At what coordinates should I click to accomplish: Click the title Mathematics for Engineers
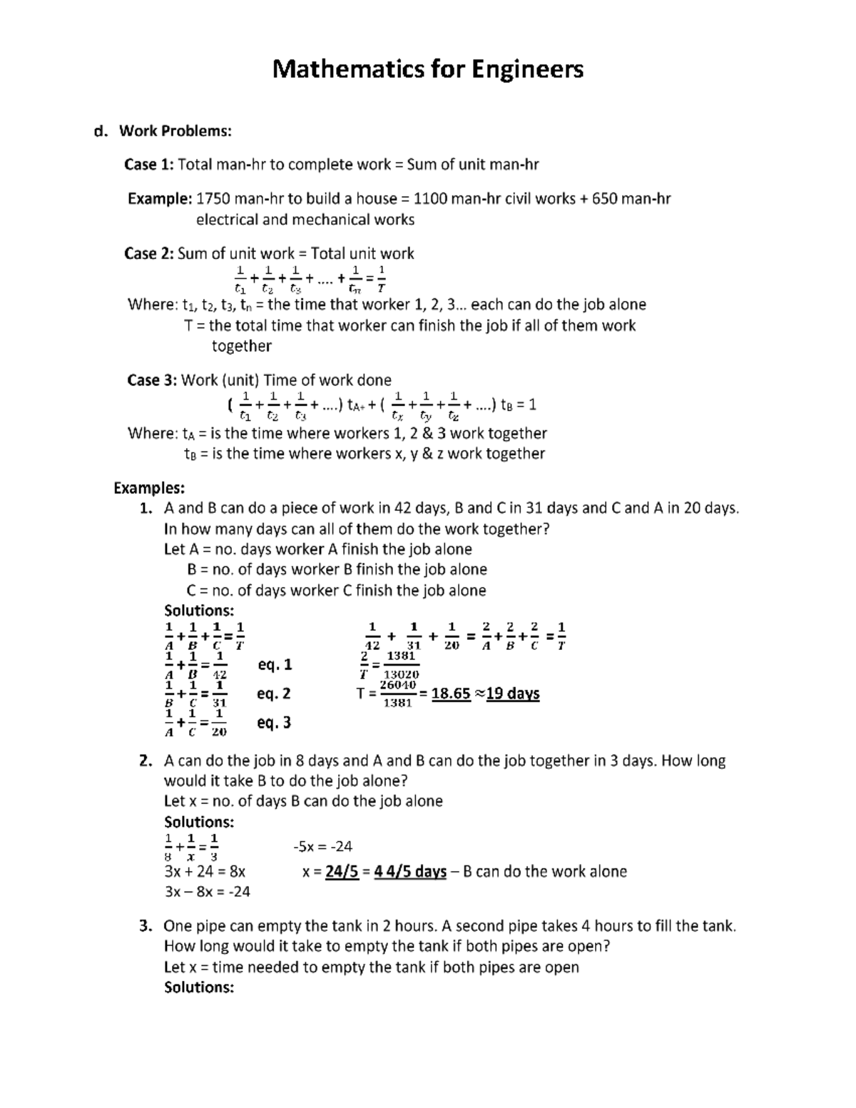pos(428,69)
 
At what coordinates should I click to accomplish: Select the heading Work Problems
pos(175,131)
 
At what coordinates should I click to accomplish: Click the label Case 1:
pos(148,165)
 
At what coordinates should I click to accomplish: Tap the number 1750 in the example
pos(214,198)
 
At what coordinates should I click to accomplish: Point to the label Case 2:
pos(148,253)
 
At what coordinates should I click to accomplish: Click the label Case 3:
pos(151,380)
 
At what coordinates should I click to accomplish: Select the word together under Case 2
pos(241,346)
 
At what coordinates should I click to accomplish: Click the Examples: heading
pos(149,488)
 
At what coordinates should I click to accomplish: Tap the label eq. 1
pos(275,665)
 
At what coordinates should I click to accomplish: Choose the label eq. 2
pos(275,693)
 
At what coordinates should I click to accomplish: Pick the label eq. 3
pos(275,723)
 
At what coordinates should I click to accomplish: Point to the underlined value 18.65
pos(451,693)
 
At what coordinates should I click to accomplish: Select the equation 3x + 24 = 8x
pos(205,871)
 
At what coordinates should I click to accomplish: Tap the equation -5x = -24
pos(322,846)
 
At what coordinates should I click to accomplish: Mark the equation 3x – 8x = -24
pos(207,892)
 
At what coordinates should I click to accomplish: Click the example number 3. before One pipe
pos(146,926)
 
